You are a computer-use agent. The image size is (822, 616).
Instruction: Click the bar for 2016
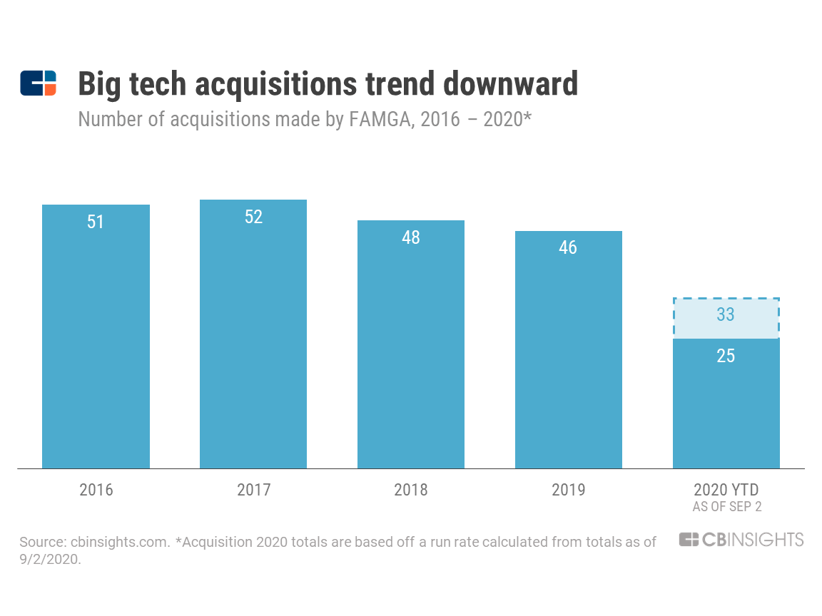[x=96, y=342]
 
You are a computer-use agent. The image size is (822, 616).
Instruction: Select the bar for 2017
[x=253, y=342]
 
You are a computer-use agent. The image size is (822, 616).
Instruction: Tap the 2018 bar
[x=411, y=349]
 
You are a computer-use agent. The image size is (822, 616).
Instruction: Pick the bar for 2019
[x=569, y=356]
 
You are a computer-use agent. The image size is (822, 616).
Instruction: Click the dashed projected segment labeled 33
[x=726, y=319]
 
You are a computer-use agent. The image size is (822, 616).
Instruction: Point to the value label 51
[x=96, y=222]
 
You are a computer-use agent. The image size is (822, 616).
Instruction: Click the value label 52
[x=253, y=217]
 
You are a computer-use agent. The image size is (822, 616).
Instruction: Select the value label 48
[x=411, y=237]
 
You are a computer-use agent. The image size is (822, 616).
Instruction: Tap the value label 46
[x=569, y=248]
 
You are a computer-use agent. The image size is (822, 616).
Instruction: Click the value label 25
[x=726, y=356]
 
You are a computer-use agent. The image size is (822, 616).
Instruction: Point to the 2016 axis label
[x=96, y=490]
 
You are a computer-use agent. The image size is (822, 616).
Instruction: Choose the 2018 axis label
[x=411, y=490]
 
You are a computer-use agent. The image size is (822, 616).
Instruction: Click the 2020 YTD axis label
[x=726, y=490]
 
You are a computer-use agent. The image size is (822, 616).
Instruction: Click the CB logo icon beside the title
[x=38, y=83]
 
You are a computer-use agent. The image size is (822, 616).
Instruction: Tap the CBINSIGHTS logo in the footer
[x=741, y=540]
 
